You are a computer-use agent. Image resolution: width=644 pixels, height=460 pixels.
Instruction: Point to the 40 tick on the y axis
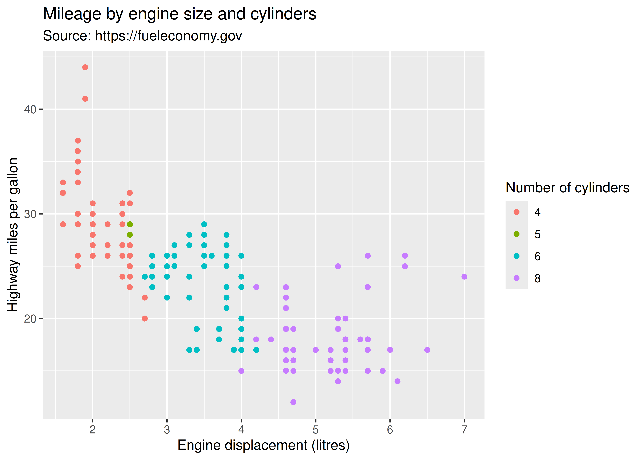tap(30, 109)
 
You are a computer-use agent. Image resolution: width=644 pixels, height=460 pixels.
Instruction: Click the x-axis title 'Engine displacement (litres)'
tap(263, 445)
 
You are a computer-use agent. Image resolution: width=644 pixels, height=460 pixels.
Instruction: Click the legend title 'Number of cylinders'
tap(567, 188)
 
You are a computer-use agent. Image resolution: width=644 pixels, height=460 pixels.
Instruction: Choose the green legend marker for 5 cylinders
tap(516, 234)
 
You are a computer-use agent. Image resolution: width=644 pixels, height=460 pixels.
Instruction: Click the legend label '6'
tap(537, 256)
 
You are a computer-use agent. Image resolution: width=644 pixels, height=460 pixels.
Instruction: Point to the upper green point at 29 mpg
tap(130, 224)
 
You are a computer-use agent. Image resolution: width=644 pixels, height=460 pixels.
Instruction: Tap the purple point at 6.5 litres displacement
tap(427, 350)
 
